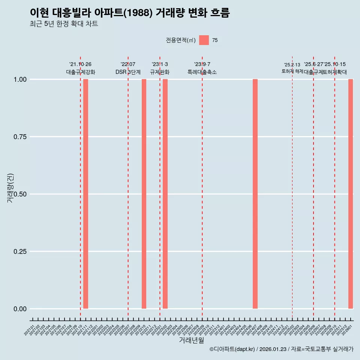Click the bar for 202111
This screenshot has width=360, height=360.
[85, 194]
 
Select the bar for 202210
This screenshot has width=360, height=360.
[144, 194]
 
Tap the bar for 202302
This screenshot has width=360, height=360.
[165, 194]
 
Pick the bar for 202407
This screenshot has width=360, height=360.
[255, 194]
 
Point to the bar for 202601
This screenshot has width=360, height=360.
[351, 194]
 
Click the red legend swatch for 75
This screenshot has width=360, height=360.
[204, 40]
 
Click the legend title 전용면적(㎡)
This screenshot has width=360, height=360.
[181, 40]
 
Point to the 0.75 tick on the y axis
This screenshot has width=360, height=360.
[19, 137]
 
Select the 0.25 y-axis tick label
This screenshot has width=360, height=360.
[19, 252]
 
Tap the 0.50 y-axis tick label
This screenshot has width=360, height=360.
[19, 194]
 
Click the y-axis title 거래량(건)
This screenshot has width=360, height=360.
[10, 188]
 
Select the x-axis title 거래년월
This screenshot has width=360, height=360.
[191, 340]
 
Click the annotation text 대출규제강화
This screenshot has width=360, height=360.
[81, 72]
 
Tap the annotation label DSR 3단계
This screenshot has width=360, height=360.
[128, 72]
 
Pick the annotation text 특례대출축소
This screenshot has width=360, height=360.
[202, 72]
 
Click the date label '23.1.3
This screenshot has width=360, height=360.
[160, 64]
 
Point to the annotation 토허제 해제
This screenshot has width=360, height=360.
[292, 71]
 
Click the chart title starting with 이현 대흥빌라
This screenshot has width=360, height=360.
[130, 13]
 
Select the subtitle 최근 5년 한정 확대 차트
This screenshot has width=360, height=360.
[64, 24]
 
